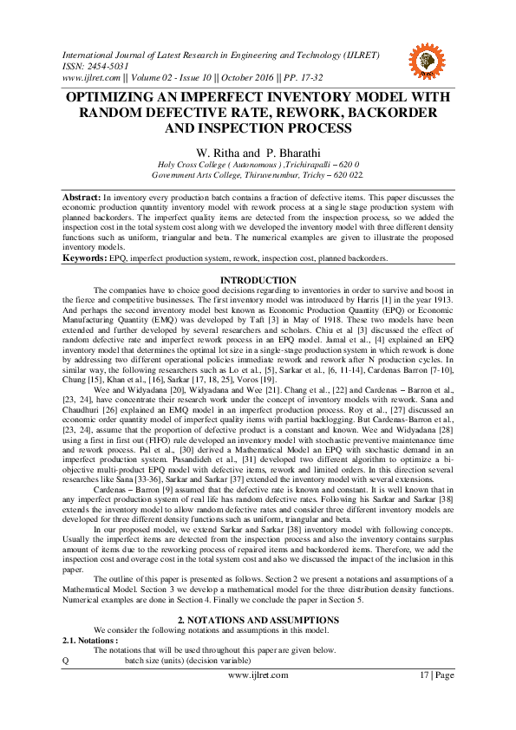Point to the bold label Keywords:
pos(84,258)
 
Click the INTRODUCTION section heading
pos(258,279)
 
